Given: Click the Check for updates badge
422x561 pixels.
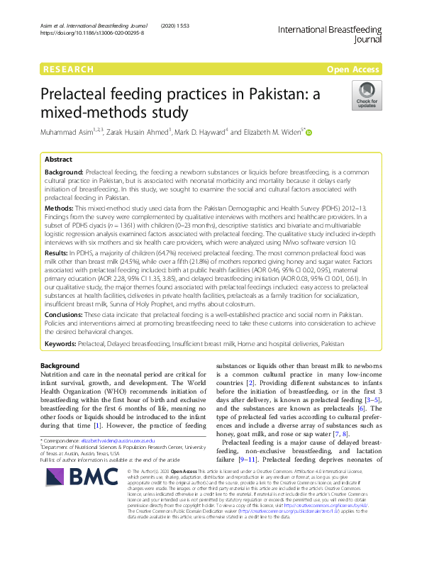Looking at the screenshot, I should click(367, 96).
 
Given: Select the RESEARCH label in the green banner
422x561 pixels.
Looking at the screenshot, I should click(68, 70).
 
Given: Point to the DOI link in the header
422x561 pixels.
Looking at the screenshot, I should click(92, 33).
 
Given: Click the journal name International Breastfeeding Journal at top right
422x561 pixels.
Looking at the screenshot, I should click(330, 35).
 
